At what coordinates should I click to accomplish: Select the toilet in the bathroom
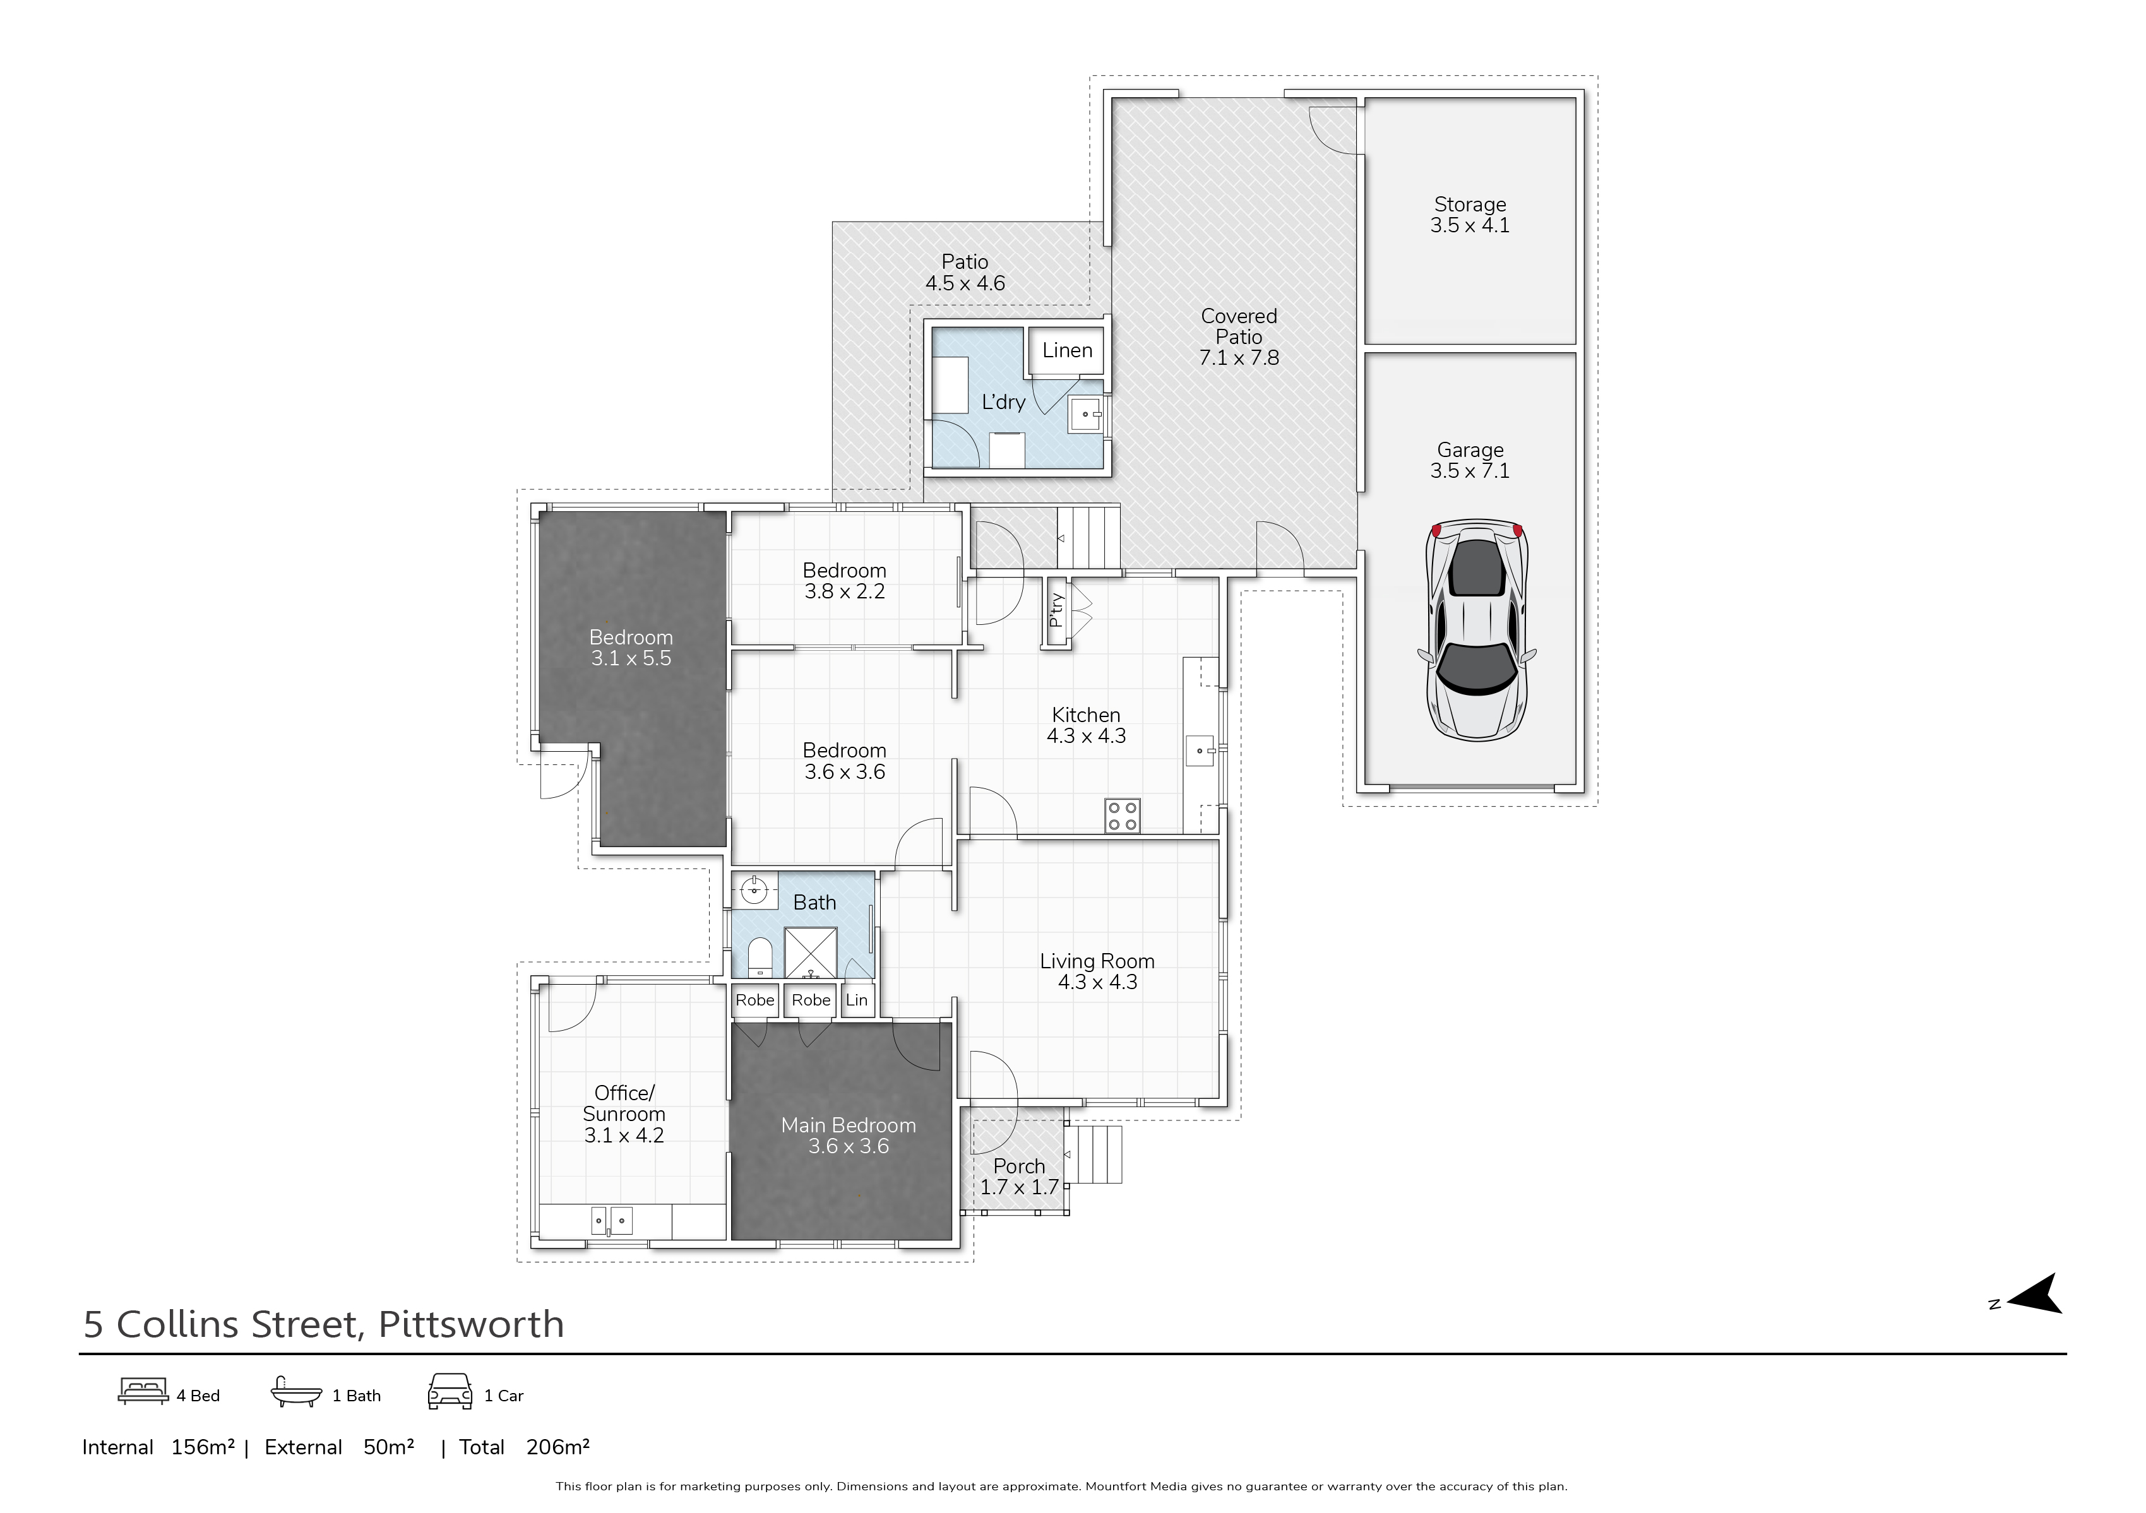point(760,957)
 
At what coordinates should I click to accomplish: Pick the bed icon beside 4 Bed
point(143,1392)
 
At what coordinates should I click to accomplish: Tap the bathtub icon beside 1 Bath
point(296,1392)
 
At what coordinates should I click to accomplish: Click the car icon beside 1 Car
point(450,1392)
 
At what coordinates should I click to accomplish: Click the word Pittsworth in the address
point(471,1324)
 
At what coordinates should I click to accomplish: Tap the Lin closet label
point(856,1000)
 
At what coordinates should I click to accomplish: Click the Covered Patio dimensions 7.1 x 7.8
point(1239,358)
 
